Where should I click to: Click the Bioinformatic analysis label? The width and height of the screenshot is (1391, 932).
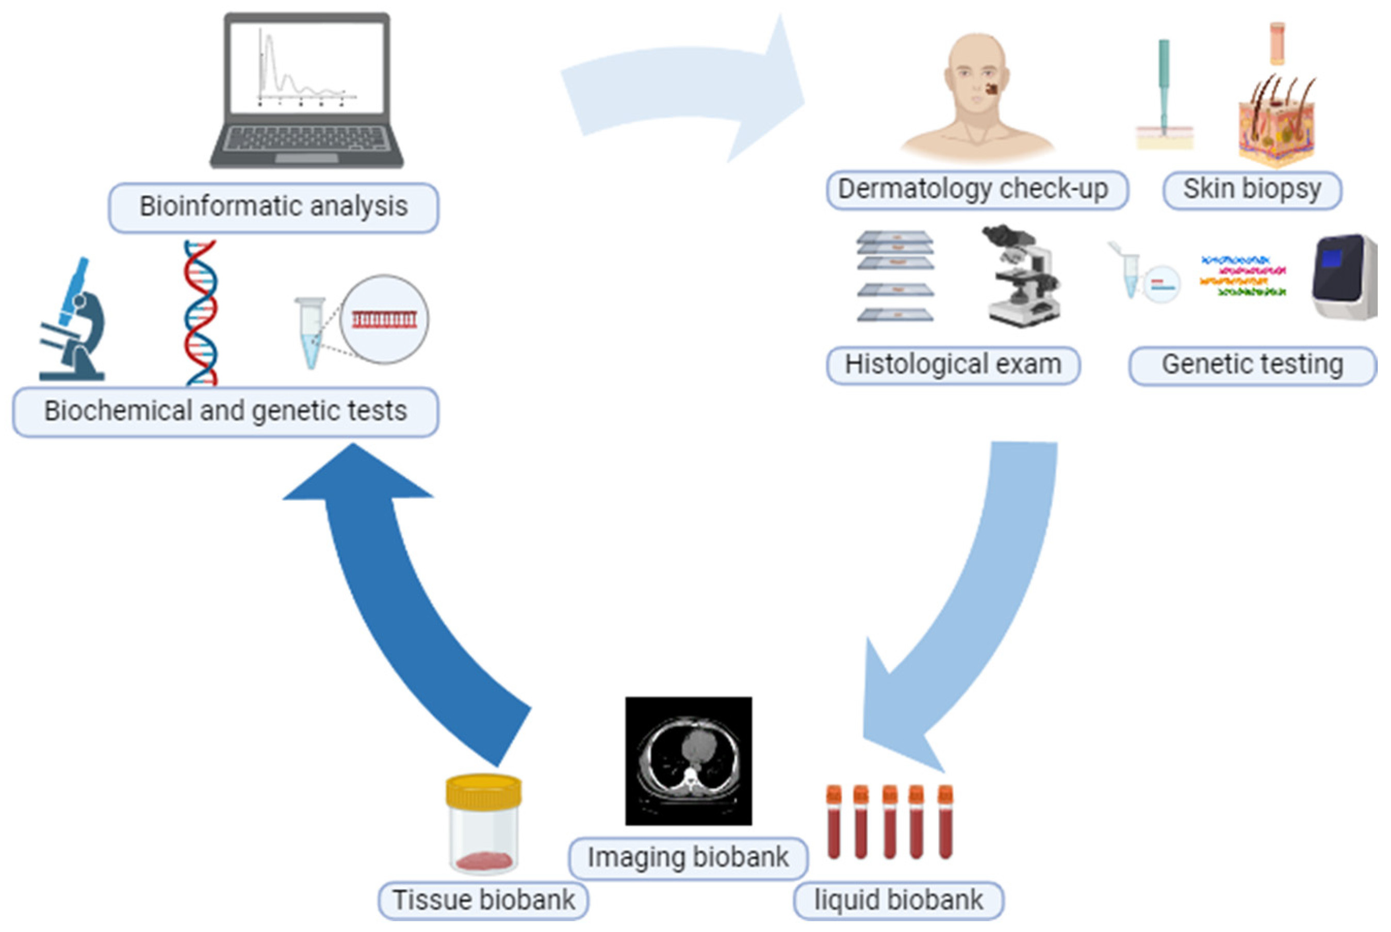(273, 207)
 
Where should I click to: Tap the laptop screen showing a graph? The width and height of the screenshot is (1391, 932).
(306, 67)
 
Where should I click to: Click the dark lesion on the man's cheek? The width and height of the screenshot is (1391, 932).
(991, 89)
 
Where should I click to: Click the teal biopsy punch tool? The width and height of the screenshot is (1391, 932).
(1164, 83)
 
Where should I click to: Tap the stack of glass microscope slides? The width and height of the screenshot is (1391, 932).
(895, 276)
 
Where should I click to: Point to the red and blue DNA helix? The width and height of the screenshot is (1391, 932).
(200, 313)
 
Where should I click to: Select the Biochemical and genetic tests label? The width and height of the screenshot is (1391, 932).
(225, 411)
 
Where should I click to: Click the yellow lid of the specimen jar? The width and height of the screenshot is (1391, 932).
(484, 791)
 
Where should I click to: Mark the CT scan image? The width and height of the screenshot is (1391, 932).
(688, 761)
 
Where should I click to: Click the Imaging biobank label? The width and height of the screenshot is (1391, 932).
(688, 858)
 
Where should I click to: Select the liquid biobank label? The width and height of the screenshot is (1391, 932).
(898, 900)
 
